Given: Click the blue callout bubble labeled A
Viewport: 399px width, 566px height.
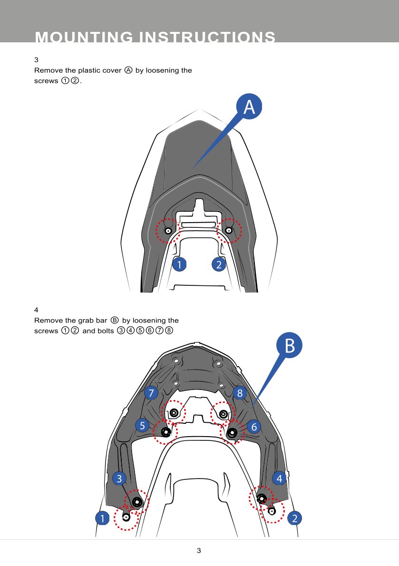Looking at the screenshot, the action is (249, 107).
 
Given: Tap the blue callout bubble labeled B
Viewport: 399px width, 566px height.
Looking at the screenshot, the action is (289, 345).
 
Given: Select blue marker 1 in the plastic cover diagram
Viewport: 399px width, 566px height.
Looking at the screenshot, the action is (179, 264).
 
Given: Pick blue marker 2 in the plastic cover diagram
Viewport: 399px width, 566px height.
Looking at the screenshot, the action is (219, 264).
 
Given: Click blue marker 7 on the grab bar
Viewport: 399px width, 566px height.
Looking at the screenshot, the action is (151, 393).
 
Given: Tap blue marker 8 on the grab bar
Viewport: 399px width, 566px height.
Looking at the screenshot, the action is (240, 393).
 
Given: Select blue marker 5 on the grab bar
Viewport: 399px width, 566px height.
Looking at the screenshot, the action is (142, 426).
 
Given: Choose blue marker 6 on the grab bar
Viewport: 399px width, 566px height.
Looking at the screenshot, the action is (254, 427).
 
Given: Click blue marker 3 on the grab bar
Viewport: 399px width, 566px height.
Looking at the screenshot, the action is (119, 478).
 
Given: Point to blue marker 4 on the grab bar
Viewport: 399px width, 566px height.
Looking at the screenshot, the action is (279, 478).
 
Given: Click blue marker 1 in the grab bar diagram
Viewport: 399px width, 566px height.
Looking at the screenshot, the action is (102, 518).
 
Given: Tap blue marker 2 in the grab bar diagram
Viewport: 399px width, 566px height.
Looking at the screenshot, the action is (295, 518).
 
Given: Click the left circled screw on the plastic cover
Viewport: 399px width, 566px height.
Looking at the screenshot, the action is (168, 231).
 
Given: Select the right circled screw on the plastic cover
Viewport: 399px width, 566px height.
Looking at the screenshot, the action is (228, 230).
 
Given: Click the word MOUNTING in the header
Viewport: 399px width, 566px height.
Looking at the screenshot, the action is (84, 37).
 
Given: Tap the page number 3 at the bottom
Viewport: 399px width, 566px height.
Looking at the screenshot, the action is (199, 550).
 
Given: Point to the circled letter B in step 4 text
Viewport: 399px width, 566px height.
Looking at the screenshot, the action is (115, 320).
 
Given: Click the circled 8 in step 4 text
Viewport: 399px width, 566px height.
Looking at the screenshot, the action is (169, 331).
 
